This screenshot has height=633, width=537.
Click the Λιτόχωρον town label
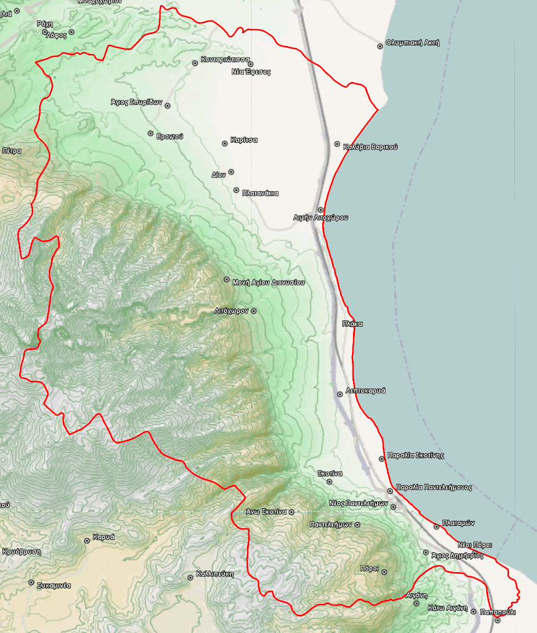tap(231, 311)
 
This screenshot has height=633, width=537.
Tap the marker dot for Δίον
tap(231, 172)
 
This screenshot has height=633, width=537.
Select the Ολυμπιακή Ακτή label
tap(412, 43)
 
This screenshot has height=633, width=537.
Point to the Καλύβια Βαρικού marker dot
tap(337, 144)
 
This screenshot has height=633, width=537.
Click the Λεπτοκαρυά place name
tap(366, 391)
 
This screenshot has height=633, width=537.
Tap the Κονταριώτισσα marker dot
tap(195, 63)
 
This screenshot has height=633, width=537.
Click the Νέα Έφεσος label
tap(251, 72)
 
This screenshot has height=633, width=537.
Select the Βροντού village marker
tap(150, 133)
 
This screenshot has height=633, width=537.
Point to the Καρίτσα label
tap(244, 140)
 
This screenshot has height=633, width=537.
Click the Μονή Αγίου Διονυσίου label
tap(268, 282)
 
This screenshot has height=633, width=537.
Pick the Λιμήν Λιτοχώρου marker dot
tap(321, 210)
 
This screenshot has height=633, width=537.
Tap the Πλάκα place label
tap(352, 324)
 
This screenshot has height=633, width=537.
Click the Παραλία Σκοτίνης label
tap(416, 455)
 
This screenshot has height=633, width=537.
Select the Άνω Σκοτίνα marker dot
tap(292, 512)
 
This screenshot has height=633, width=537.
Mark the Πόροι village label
tap(369, 569)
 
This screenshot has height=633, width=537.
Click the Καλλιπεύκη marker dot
tap(190, 577)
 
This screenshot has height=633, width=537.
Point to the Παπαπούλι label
tap(498, 613)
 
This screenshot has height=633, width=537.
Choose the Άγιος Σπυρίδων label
tap(137, 102)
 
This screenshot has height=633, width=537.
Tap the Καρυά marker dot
tap(87, 540)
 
